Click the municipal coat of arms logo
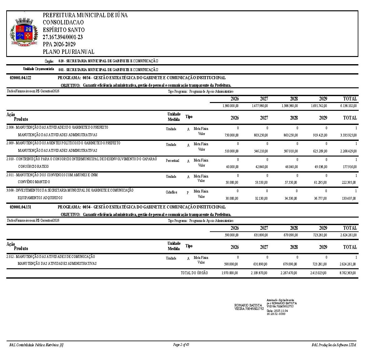[x=24, y=32]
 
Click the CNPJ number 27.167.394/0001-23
[x=63, y=37]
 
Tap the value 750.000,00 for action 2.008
[x=231, y=135]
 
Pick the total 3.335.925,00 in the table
[x=348, y=135]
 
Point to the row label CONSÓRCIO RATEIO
[x=33, y=167]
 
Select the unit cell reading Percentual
[x=172, y=161]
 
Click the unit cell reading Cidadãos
[x=171, y=192]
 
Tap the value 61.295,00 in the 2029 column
[x=321, y=183]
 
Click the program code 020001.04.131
[x=21, y=207]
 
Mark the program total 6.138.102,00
[x=348, y=106]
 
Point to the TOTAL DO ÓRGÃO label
[x=194, y=273]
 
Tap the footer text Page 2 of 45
[x=181, y=345]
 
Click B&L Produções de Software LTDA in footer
[x=334, y=345]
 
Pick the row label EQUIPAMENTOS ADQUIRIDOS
[x=40, y=198]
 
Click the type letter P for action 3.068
[x=188, y=193]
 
